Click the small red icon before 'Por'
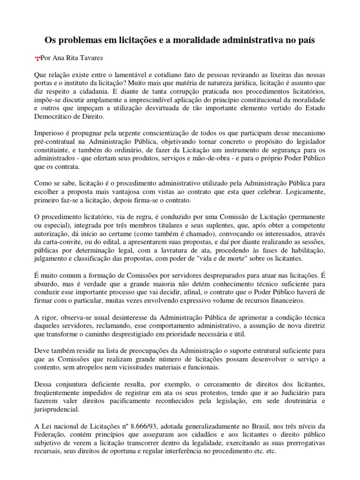37,59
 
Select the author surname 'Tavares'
86,58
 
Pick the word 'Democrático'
57,118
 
